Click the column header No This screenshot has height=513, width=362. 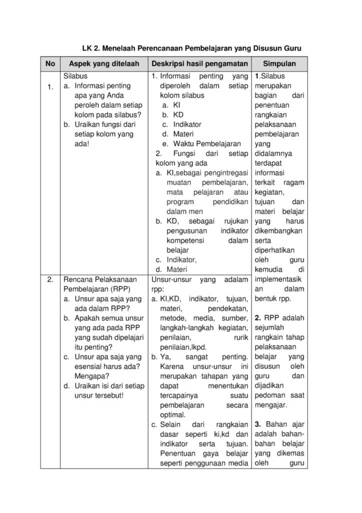tap(50, 64)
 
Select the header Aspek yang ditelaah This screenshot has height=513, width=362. tap(103, 64)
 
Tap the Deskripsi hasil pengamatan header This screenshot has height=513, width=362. tap(199, 64)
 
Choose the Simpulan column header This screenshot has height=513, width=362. tap(279, 64)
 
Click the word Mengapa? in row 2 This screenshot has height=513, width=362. tap(89, 375)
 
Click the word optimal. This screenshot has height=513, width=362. tap(172, 415)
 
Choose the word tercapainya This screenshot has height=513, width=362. tap(179, 395)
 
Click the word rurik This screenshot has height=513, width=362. tap(240, 337)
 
